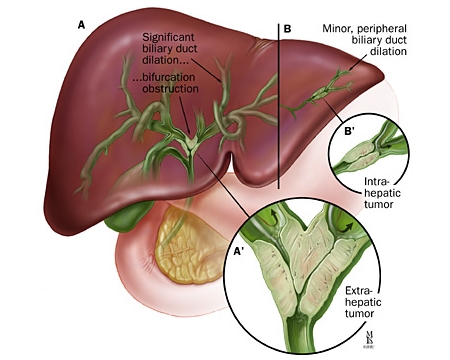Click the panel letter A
81,25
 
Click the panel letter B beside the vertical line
287,29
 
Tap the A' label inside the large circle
239,251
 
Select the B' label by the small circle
350,131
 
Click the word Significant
168,37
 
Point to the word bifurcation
168,77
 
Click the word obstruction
170,89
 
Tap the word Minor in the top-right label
335,28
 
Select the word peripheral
380,29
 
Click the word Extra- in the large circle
358,291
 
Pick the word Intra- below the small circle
377,182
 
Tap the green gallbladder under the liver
126,216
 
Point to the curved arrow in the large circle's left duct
273,215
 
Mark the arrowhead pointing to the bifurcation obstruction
190,132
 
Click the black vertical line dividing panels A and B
279,106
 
